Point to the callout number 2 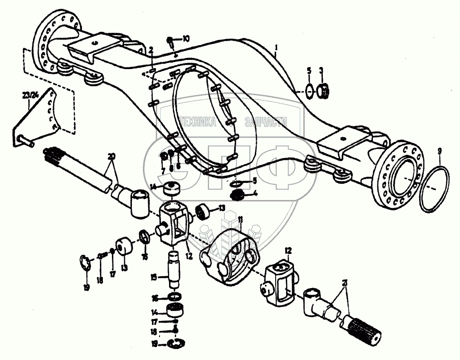coord(151,50)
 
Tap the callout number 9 coord(439,151)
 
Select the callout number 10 coord(186,38)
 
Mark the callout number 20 coord(111,157)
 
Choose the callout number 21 coord(344,283)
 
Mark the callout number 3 coord(321,71)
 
